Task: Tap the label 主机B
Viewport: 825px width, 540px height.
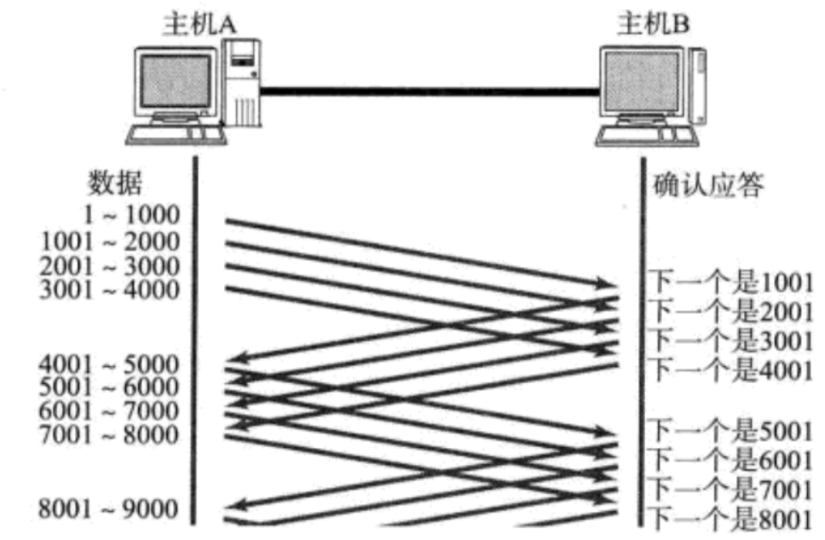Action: [653, 23]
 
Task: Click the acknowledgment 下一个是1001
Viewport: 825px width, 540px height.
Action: [731, 282]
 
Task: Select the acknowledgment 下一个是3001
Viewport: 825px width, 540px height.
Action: [731, 340]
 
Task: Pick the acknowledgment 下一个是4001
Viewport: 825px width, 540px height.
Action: [731, 370]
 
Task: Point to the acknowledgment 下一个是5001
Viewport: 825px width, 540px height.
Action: [731, 428]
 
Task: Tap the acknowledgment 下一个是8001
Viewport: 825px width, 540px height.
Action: [731, 516]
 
